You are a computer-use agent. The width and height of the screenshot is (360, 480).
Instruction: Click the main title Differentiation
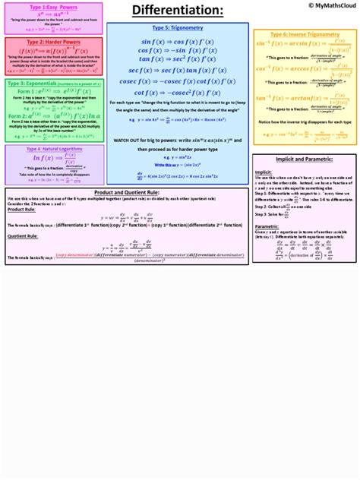click(178, 11)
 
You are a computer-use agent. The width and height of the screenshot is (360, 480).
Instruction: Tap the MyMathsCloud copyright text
click(325, 5)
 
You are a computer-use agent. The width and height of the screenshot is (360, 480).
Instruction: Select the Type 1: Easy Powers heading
click(53, 7)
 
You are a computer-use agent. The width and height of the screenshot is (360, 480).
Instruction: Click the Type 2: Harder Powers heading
click(53, 43)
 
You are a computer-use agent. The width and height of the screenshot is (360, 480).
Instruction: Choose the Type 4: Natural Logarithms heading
click(53, 150)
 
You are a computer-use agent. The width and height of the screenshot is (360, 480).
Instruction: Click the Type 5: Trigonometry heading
click(177, 28)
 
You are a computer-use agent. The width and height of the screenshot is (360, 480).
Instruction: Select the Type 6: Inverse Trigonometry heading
click(304, 35)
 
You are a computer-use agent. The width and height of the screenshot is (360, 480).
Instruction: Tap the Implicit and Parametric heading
click(304, 159)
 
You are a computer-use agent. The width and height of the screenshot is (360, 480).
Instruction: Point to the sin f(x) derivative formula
click(177, 42)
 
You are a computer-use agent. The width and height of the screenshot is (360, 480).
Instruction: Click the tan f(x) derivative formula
click(177, 58)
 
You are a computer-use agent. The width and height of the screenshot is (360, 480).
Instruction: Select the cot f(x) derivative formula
click(177, 93)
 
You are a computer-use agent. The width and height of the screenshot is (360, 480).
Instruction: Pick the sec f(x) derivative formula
click(177, 70)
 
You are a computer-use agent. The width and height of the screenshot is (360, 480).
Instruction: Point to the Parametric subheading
click(267, 226)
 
